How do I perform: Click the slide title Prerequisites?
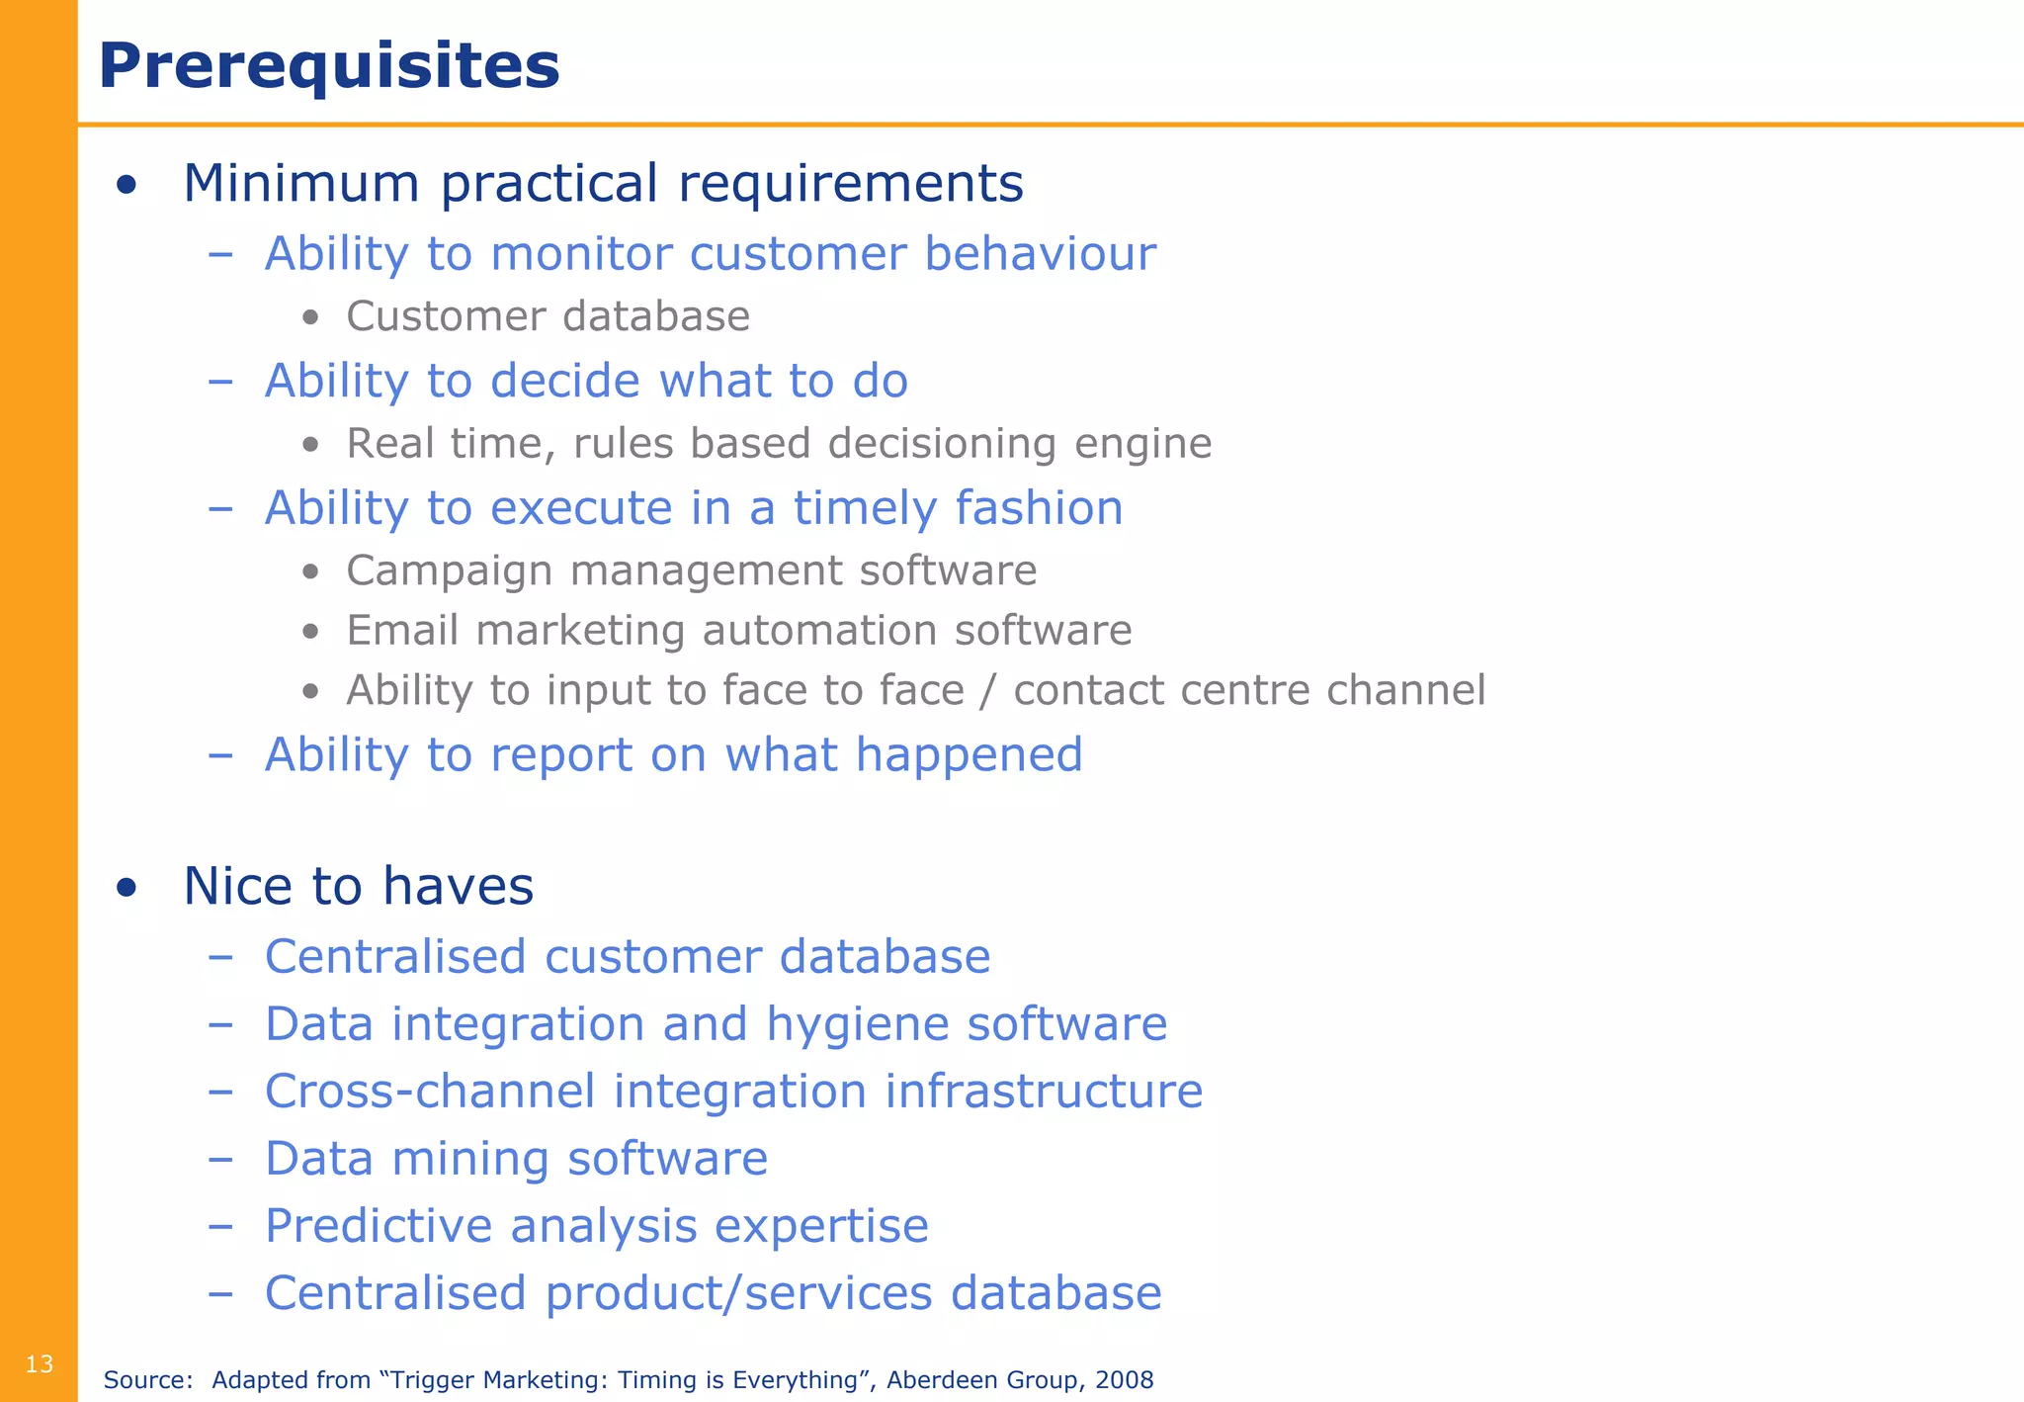(x=329, y=66)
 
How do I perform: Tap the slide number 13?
(x=40, y=1364)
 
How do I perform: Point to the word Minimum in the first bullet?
(x=301, y=184)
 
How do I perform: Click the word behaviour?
(x=1040, y=254)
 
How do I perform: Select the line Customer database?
(x=548, y=316)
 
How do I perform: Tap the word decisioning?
(x=943, y=444)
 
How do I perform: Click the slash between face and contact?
(x=988, y=690)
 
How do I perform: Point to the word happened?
(x=969, y=755)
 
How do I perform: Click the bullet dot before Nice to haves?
(x=126, y=887)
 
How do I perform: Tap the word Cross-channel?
(x=430, y=1092)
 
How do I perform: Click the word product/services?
(x=738, y=1293)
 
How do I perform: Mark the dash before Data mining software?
(x=220, y=1159)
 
